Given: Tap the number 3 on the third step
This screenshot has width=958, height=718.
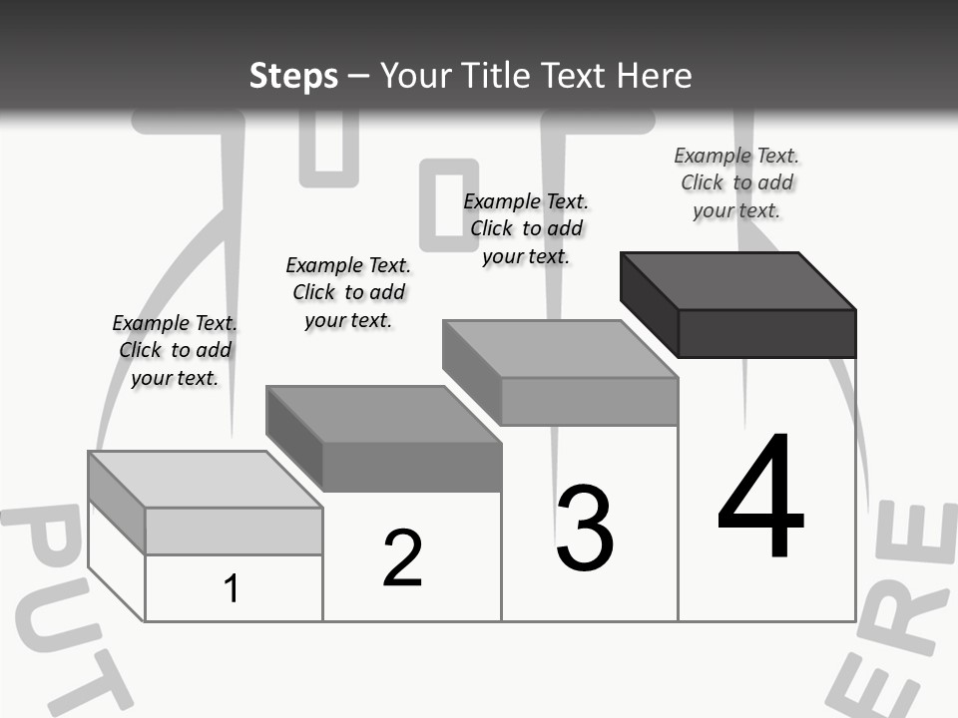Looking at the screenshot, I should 585,529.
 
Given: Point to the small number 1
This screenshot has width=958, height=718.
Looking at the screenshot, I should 232,588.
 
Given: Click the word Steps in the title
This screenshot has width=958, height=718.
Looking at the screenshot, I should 293,76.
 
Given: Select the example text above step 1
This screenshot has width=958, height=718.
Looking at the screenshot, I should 175,350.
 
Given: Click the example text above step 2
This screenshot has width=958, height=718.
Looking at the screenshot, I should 348,292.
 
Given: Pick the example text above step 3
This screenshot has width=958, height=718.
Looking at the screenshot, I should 526,228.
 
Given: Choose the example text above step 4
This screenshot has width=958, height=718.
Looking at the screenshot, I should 736,182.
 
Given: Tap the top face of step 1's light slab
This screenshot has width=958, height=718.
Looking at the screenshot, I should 205,480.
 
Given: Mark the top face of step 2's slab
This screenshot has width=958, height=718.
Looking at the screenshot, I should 383,414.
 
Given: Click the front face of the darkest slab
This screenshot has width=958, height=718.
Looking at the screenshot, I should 766,333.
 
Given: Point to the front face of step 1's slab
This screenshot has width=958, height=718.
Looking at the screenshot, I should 234,531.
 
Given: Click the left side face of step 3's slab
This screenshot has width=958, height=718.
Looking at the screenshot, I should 471,373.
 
